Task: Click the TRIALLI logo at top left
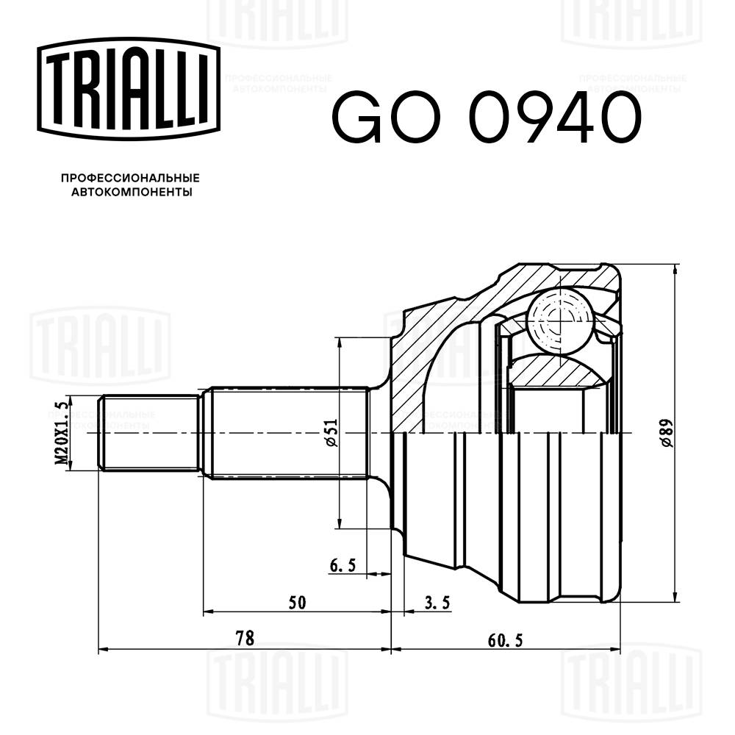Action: [x=129, y=87]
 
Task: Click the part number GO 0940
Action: [x=487, y=118]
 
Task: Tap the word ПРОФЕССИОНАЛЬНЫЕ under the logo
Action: [x=130, y=178]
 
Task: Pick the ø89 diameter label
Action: [x=665, y=433]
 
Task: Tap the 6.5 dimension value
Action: [x=343, y=565]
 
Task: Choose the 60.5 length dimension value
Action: [x=504, y=639]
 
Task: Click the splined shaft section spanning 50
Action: [x=287, y=434]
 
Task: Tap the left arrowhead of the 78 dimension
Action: [x=103, y=649]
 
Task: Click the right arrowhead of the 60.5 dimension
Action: [x=616, y=649]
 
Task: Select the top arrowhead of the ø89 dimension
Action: [x=675, y=268]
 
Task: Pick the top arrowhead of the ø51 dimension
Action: [x=339, y=341]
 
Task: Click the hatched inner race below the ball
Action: [x=559, y=371]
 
